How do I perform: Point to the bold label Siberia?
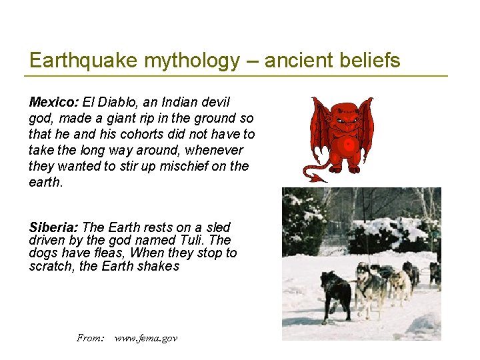point(54,227)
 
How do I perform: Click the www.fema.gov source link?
point(146,338)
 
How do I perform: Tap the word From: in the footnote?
point(91,338)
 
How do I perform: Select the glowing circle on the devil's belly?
point(346,145)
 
